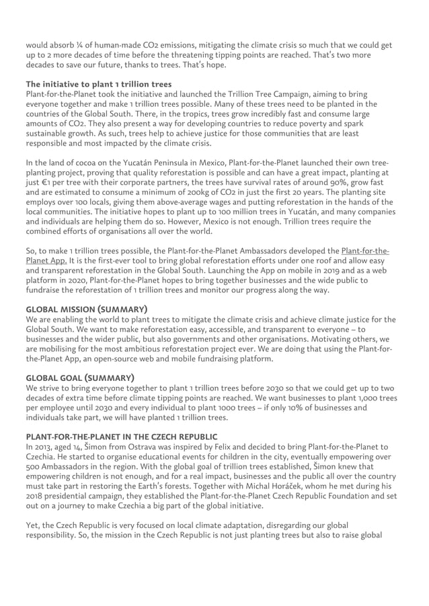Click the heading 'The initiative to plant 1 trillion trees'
(x=98, y=85)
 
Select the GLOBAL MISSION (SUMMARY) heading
(x=87, y=309)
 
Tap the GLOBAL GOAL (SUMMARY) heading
(x=79, y=377)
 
